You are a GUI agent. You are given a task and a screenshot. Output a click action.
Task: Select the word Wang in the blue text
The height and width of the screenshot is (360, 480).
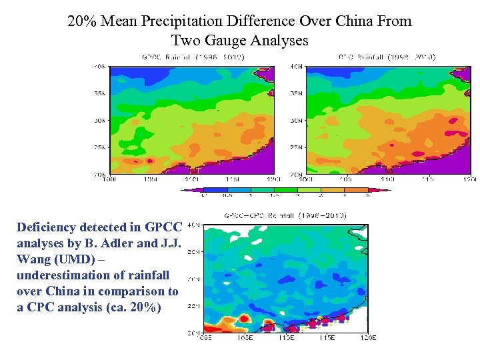[31, 259]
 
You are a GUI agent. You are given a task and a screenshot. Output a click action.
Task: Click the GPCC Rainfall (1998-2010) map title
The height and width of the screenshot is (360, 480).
[193, 57]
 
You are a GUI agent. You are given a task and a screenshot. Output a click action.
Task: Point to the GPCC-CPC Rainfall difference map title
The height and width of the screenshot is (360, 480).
[285, 215]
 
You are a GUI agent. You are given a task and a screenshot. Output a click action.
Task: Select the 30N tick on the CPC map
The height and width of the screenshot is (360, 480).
[296, 121]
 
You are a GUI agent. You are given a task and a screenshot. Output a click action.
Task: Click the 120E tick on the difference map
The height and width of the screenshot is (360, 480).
[368, 337]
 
